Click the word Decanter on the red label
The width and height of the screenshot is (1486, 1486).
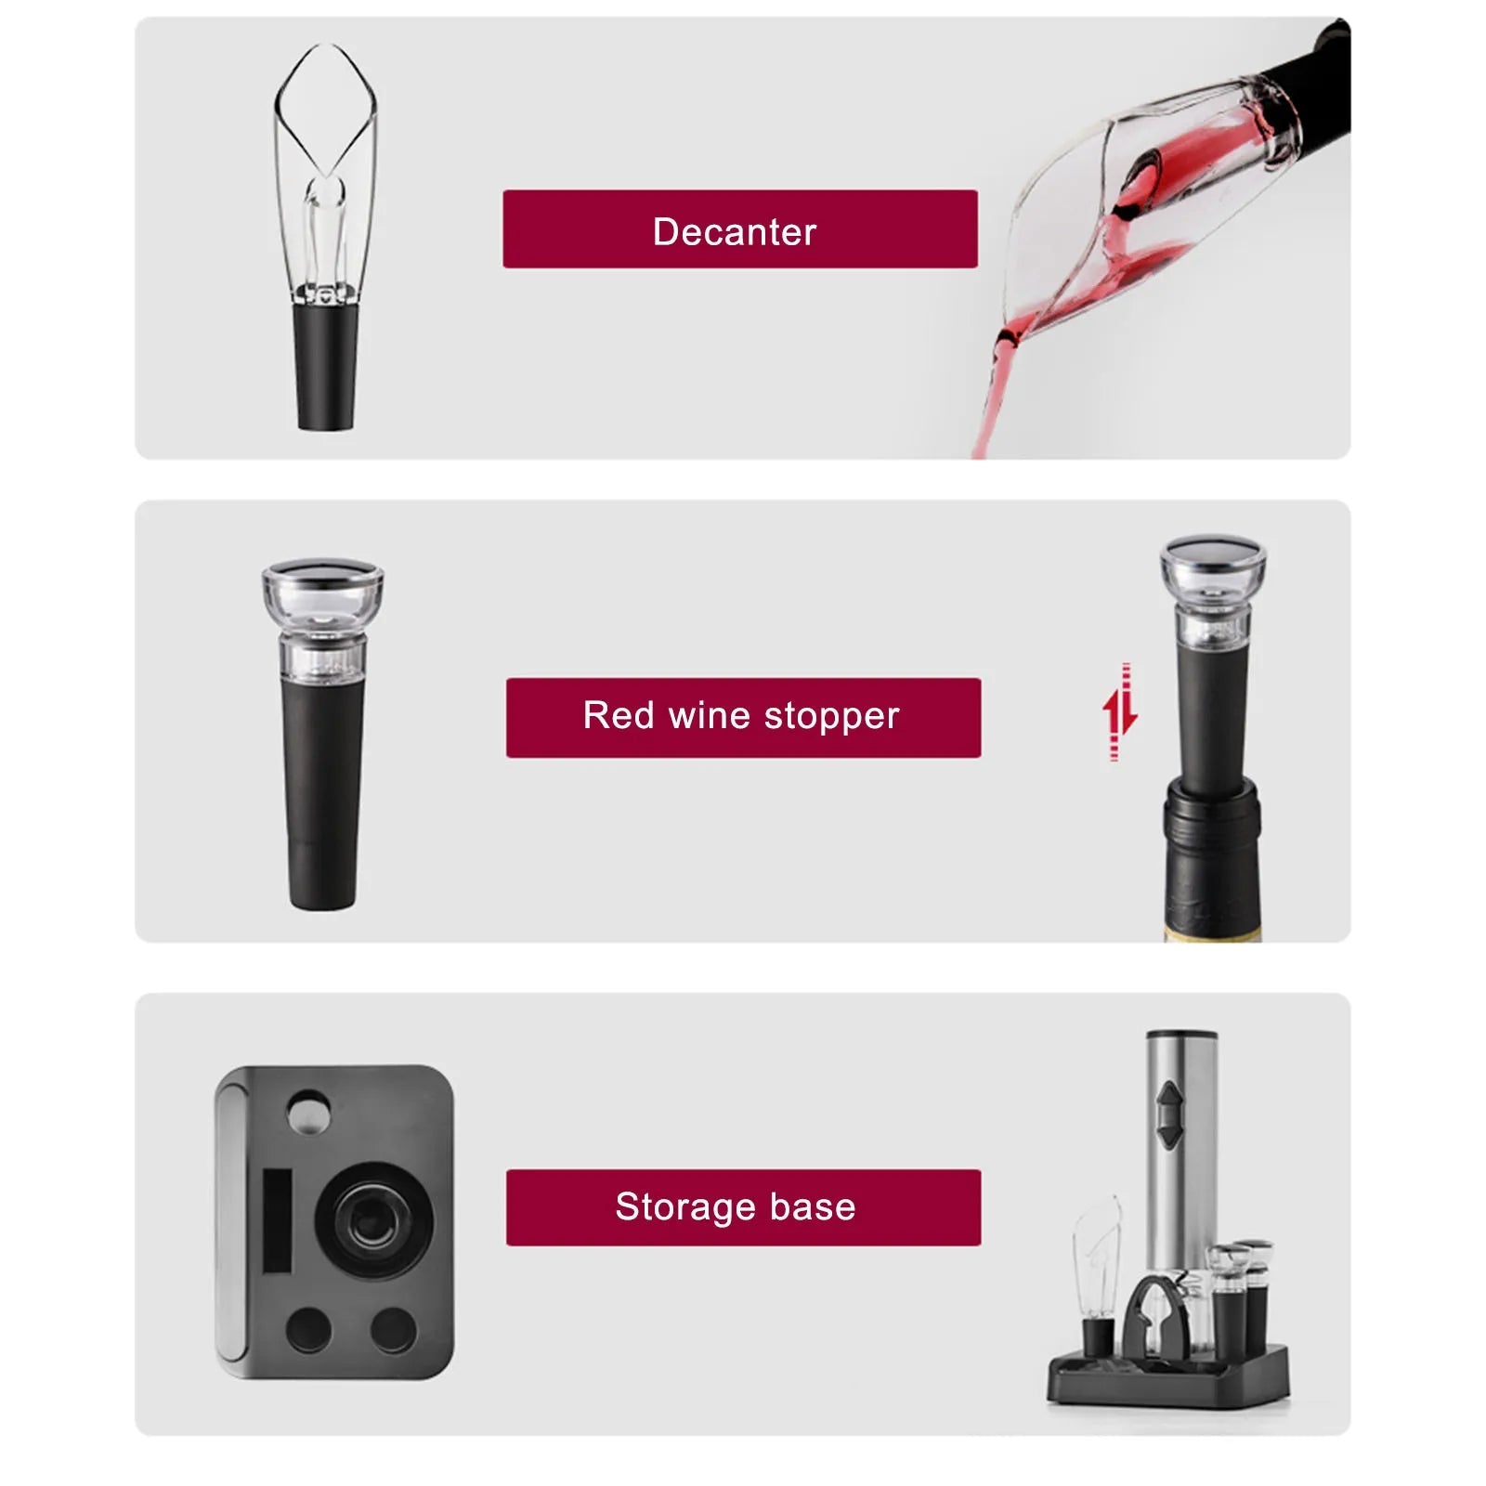click(x=734, y=231)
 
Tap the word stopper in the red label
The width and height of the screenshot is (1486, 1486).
click(x=831, y=717)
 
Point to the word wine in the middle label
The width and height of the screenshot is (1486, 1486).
click(x=709, y=716)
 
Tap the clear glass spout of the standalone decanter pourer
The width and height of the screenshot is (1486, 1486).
click(x=325, y=139)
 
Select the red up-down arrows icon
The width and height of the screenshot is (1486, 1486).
click(x=1119, y=712)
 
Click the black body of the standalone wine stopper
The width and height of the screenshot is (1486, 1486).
click(x=322, y=789)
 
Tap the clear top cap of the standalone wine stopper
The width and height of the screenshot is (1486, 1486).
click(x=322, y=594)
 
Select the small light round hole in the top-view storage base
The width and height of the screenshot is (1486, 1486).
click(x=308, y=1112)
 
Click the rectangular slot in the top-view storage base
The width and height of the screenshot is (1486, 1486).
click(x=277, y=1219)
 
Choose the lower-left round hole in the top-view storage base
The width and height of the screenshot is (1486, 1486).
click(x=308, y=1330)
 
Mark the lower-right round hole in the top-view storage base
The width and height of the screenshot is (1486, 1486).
click(x=394, y=1330)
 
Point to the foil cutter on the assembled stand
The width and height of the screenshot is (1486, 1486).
click(x=1152, y=1319)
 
